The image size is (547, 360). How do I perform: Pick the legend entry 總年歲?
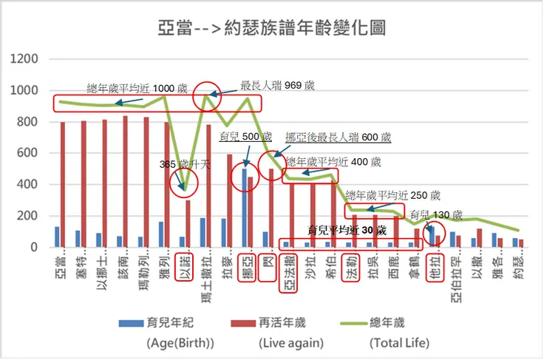pyautogui.click(x=398, y=323)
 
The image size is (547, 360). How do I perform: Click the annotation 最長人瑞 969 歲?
pyautogui.click(x=278, y=86)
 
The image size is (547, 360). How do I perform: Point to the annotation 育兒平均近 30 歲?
pyautogui.click(x=348, y=230)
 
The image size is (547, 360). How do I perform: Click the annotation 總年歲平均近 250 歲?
pyautogui.click(x=393, y=195)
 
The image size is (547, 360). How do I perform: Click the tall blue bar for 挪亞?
pyautogui.click(x=244, y=208)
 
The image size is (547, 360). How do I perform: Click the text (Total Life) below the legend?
pyautogui.click(x=399, y=343)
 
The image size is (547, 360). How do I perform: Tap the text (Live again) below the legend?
pyautogui.click(x=291, y=343)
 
